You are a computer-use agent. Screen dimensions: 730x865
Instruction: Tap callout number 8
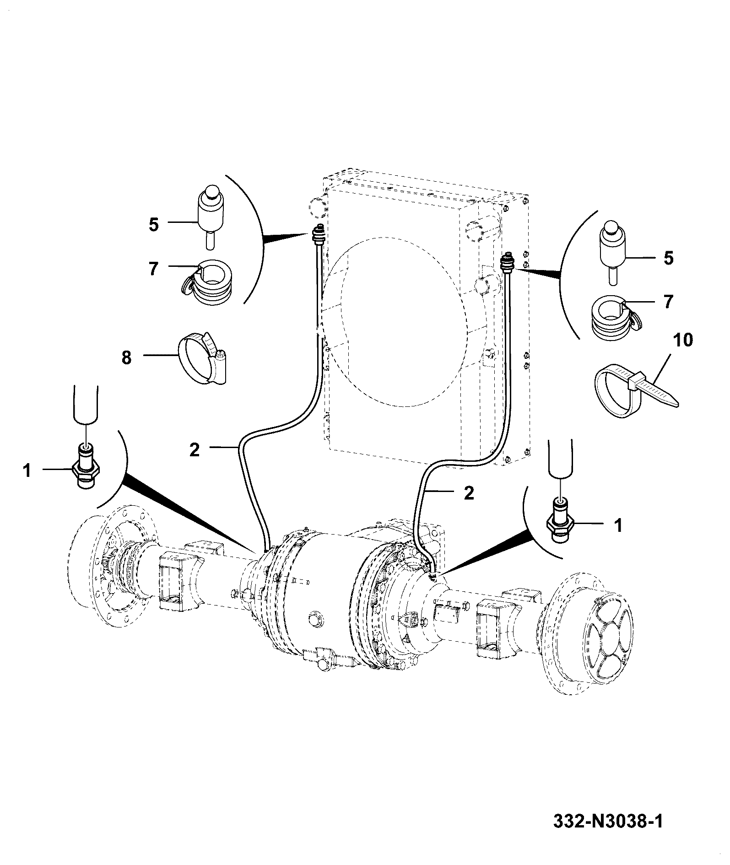click(x=126, y=357)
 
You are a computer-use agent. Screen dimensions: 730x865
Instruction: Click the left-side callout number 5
click(x=154, y=225)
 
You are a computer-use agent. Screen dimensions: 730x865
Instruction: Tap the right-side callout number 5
click(x=669, y=258)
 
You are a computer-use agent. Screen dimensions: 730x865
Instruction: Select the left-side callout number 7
click(x=154, y=269)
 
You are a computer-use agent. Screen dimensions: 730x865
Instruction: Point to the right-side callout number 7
click(x=669, y=302)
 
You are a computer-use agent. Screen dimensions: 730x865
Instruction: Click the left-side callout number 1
click(x=27, y=470)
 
